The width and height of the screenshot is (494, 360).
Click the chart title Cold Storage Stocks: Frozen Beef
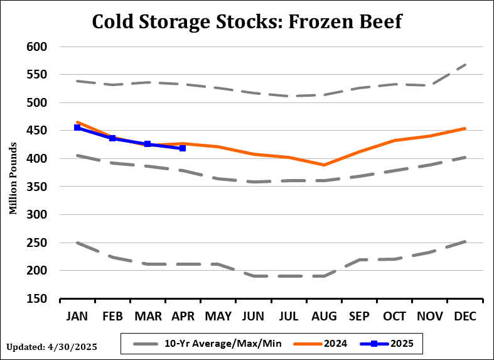pos(247,21)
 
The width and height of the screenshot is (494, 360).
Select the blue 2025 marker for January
pos(77,128)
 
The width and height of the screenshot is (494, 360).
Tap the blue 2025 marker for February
pos(112,138)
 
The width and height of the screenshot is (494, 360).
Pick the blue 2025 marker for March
pos(148,144)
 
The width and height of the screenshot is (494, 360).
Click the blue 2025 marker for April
pos(183,148)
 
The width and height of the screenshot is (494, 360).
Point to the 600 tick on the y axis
pos(37,46)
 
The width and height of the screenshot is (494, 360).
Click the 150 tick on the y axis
pos(37,298)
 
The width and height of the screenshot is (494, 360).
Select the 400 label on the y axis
pos(37,158)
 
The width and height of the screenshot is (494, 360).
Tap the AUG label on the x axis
pos(323,315)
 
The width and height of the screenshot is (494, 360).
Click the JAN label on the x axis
pos(77,315)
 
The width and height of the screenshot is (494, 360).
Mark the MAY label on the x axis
pos(218,315)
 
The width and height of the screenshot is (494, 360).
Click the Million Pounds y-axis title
pos(13,173)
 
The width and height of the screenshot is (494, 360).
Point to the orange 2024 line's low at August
pos(324,165)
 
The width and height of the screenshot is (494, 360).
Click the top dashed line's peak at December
pos(464,65)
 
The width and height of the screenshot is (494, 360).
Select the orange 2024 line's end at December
pos(464,128)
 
